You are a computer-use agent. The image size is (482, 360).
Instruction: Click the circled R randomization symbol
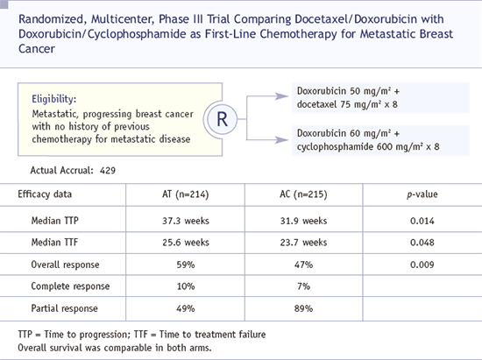click(222, 119)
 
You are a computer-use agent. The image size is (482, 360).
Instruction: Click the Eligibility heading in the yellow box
click(53, 99)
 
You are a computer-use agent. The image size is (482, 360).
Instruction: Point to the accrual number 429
click(108, 171)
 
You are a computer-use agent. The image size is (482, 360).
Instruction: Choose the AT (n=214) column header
click(186, 194)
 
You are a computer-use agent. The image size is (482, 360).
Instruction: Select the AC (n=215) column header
click(303, 194)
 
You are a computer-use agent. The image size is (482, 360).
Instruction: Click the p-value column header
click(422, 194)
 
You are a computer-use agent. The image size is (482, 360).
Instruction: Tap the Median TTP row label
click(54, 221)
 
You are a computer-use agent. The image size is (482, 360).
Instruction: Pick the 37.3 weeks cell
click(186, 221)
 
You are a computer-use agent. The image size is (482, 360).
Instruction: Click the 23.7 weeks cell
click(303, 243)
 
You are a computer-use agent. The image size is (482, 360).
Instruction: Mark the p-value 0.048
click(422, 243)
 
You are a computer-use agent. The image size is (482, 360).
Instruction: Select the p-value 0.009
click(422, 265)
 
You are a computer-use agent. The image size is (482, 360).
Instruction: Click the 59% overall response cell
click(186, 265)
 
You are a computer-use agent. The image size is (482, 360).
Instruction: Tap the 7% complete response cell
click(303, 286)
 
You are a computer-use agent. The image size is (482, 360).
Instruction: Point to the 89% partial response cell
click(303, 308)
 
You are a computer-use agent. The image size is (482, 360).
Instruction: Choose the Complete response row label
click(70, 286)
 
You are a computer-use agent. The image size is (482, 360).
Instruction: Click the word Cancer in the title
click(37, 48)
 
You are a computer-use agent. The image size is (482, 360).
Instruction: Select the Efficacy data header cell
click(45, 194)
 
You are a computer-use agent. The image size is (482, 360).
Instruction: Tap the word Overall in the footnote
click(30, 348)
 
